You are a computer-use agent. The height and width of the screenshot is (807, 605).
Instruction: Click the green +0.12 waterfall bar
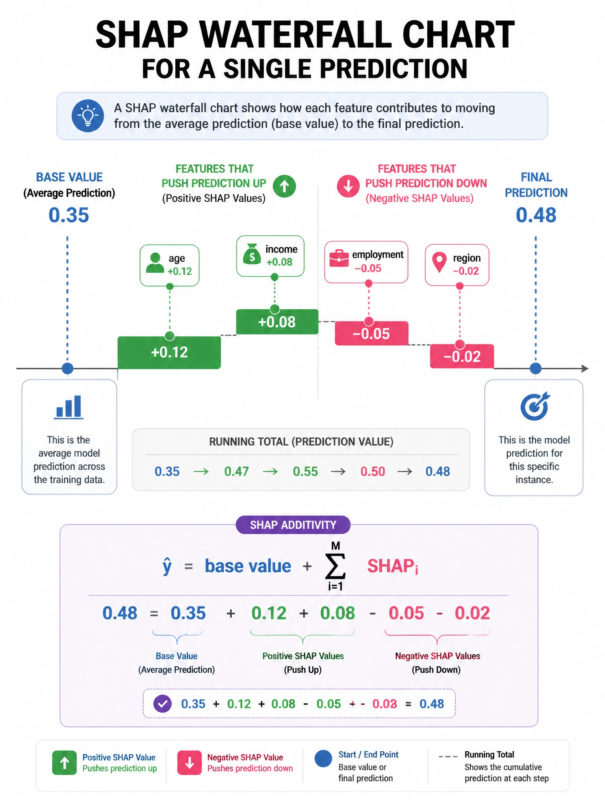[169, 352]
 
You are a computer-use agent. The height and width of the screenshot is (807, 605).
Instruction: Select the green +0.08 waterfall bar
[277, 322]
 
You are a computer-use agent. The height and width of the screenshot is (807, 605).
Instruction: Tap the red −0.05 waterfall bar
[371, 333]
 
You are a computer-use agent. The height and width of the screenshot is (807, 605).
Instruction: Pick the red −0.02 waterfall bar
[462, 356]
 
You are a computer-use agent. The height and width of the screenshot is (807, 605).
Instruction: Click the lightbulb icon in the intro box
[88, 116]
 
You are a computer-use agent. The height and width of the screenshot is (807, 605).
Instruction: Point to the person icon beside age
[155, 263]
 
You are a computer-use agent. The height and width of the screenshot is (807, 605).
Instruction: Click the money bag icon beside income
[252, 254]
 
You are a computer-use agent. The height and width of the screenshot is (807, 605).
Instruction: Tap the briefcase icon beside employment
[339, 258]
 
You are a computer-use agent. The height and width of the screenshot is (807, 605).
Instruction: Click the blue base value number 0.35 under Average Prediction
[69, 215]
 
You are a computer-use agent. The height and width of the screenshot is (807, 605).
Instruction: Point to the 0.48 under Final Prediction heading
[536, 215]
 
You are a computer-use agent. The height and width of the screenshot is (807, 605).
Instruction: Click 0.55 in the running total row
[305, 471]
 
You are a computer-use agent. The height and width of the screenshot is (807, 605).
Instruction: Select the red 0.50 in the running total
[373, 471]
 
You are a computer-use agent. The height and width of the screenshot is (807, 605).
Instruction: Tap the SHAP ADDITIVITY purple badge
[293, 525]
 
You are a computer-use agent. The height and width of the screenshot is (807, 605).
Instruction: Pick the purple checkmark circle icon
[162, 703]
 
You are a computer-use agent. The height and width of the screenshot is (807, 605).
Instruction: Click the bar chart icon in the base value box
[69, 407]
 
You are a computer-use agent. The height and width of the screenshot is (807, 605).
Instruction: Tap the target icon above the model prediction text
[535, 406]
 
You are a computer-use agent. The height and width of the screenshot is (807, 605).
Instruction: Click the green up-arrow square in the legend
[65, 763]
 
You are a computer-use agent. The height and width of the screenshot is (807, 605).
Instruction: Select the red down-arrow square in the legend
[189, 763]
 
